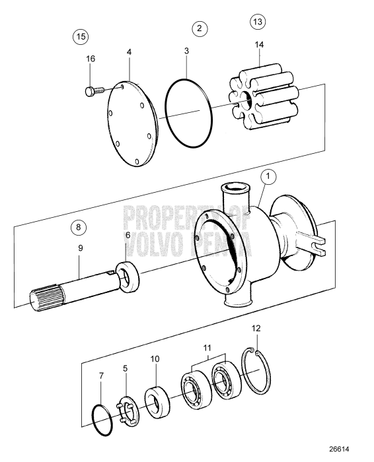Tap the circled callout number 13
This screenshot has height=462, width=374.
coord(258,22)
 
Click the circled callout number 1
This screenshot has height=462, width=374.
coord(268,177)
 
